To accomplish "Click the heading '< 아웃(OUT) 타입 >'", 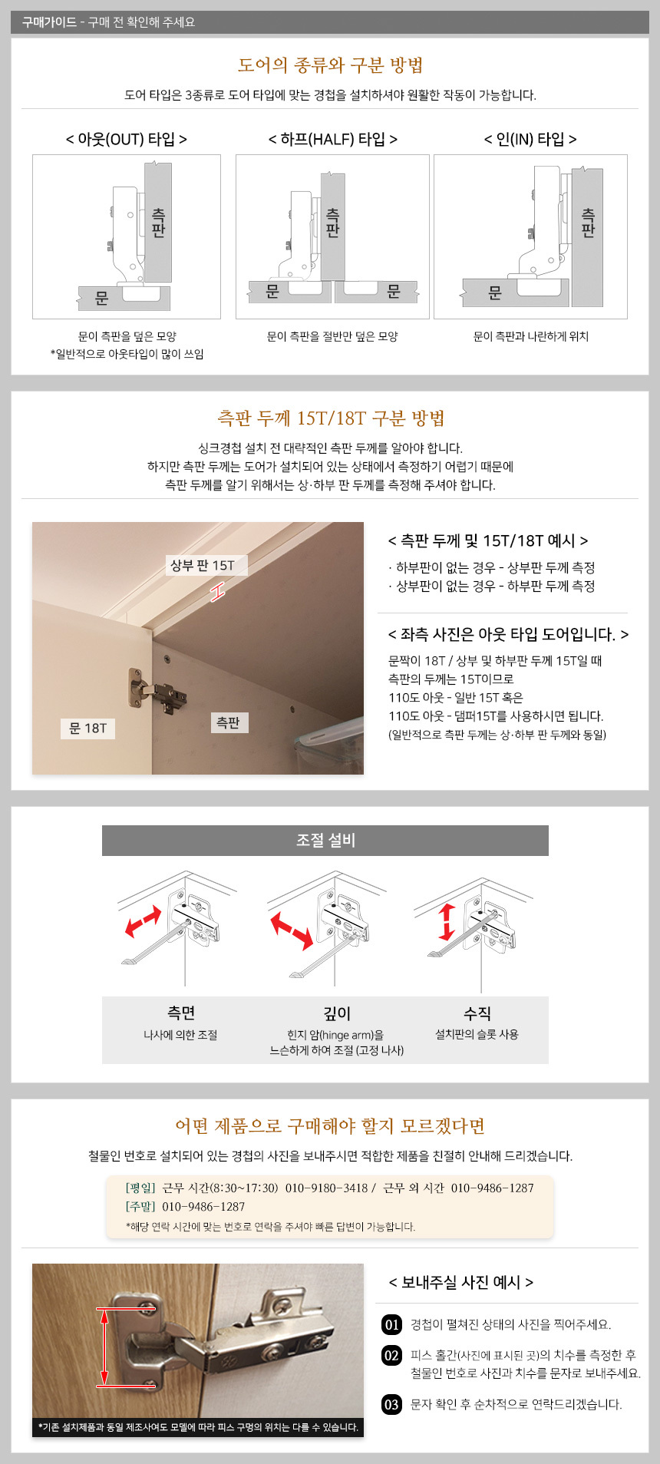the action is pos(127,139).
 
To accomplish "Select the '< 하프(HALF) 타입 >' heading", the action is pos(333,139).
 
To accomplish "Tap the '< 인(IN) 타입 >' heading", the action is pos(530,139).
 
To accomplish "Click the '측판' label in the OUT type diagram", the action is pos(158,223).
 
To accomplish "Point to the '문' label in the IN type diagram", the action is pos(495,292).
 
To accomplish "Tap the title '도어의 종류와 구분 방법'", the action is pos(330,65).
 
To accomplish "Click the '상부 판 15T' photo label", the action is pos(203,566).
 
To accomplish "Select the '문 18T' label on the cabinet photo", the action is pos(87,729).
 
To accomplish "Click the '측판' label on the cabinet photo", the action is pos(229,722).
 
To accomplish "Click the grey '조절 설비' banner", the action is pos(325,841).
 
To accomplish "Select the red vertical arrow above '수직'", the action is pos(447,922).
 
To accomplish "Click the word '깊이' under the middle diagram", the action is pos(337,1013).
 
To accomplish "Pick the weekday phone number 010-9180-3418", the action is pos(326,1188).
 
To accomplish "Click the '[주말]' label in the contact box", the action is pos(140,1206).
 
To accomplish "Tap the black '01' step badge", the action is pos(392,1324).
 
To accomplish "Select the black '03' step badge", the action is pos(392,1404).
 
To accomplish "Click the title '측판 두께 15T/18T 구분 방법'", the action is pos(331,418).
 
